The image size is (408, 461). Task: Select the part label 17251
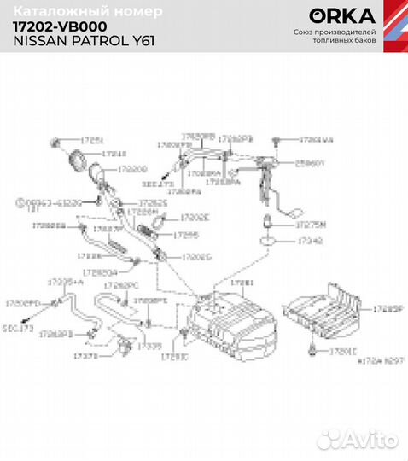coord(92,139)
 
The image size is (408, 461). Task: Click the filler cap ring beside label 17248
coord(75,158)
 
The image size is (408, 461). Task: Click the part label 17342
coord(308,243)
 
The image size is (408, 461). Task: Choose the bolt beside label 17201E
coord(314,348)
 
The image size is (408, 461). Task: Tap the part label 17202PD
coord(22,303)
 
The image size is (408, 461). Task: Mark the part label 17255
coord(185,233)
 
